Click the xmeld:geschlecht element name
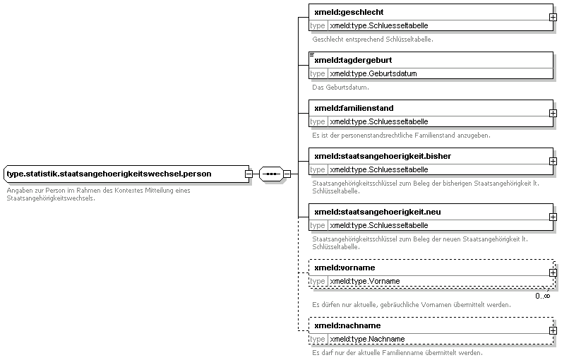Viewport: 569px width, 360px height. [x=349, y=12]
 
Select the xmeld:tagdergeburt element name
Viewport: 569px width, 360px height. [x=353, y=60]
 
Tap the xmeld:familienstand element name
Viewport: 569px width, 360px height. [x=354, y=108]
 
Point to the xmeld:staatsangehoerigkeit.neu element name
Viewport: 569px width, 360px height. [x=378, y=212]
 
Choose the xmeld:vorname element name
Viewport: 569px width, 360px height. [x=345, y=268]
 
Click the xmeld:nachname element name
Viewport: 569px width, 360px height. [x=347, y=325]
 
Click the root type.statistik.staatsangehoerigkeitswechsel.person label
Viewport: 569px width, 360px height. [x=109, y=174]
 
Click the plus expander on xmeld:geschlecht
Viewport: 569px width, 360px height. [x=553, y=17]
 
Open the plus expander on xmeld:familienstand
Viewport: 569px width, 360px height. [x=553, y=113]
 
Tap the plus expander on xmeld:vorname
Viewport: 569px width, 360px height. [x=553, y=272]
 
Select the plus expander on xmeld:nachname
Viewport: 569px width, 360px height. [x=553, y=330]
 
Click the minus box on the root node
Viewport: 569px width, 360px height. [x=248, y=174]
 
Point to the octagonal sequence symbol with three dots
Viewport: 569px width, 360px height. [x=271, y=174]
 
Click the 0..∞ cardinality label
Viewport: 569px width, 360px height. [x=542, y=296]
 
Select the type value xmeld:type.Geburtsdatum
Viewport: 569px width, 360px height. [x=373, y=73]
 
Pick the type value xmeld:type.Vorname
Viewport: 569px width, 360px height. [x=365, y=281]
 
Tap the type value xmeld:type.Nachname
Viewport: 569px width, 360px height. [x=367, y=339]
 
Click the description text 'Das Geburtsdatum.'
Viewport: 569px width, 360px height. [x=340, y=88]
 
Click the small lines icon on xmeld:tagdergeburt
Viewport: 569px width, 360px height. [x=312, y=54]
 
